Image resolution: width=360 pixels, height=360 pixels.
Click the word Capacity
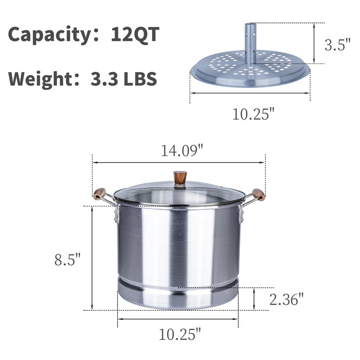(x=50, y=35)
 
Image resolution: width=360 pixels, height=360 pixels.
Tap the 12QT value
(x=135, y=34)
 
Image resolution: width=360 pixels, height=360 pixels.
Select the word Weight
(x=40, y=79)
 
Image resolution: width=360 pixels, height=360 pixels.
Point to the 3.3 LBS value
(x=124, y=79)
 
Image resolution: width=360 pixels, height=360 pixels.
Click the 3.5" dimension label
(x=337, y=45)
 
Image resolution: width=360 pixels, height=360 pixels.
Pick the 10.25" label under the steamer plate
(x=253, y=114)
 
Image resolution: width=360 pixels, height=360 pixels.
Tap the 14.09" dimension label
(x=182, y=151)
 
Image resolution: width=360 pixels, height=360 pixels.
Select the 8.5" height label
(x=67, y=260)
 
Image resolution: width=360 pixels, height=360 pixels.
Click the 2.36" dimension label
(x=287, y=299)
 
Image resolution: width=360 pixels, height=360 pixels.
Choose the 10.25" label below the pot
(x=180, y=334)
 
